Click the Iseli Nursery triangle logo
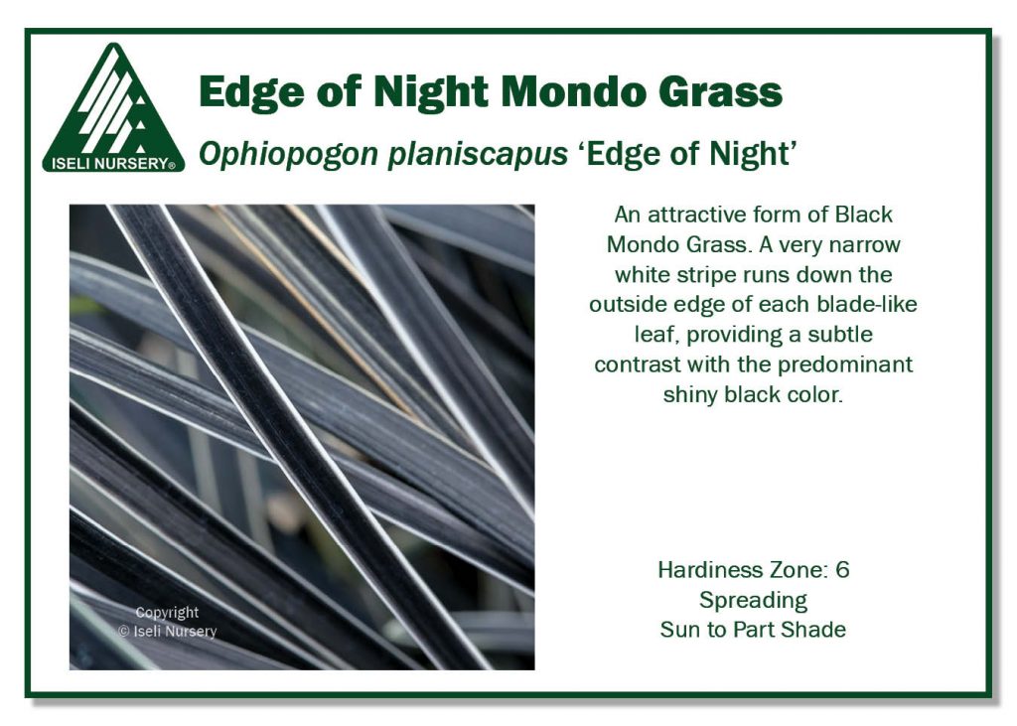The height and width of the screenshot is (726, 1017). (x=112, y=104)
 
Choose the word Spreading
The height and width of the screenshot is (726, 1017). (x=753, y=600)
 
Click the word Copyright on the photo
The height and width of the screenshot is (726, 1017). (x=167, y=613)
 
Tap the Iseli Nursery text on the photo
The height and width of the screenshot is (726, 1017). (x=175, y=631)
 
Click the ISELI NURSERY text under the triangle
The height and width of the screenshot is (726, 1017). (x=109, y=164)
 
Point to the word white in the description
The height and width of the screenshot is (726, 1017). (x=643, y=274)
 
